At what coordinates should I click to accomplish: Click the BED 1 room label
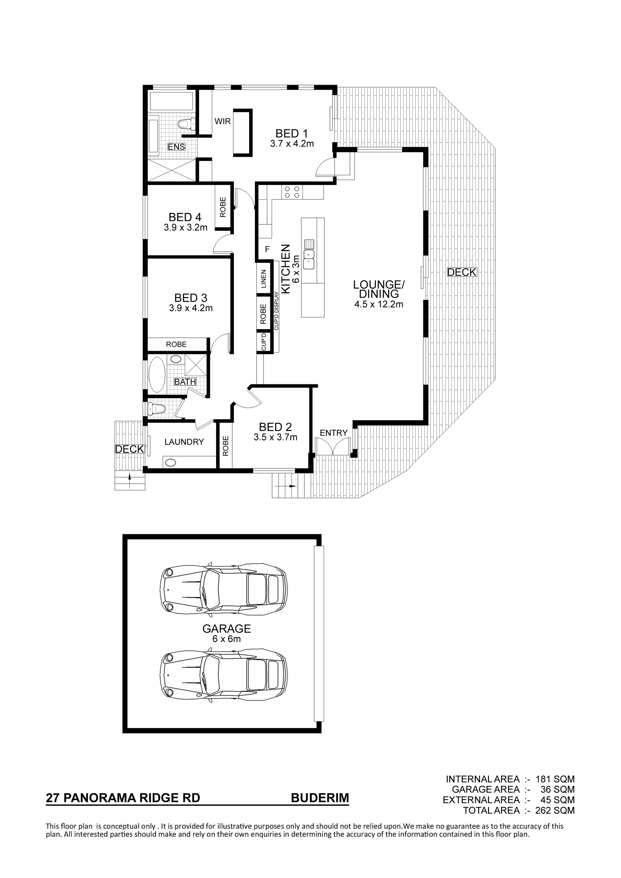pos(291,134)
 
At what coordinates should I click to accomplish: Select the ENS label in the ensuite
pos(176,146)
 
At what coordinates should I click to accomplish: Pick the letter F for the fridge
pos(267,249)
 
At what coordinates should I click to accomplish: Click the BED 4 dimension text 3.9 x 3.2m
pos(186,228)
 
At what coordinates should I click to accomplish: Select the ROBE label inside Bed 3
pos(176,344)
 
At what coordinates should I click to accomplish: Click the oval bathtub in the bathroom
pos(157,374)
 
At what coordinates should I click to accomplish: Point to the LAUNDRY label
pos(184,442)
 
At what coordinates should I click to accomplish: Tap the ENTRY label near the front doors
pos(334,433)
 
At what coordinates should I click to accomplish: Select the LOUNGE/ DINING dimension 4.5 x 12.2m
pos(379,305)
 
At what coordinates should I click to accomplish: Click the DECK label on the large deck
pos(462,272)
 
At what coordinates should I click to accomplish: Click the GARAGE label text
pos(226,629)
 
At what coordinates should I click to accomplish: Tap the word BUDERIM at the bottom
pos(320,798)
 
